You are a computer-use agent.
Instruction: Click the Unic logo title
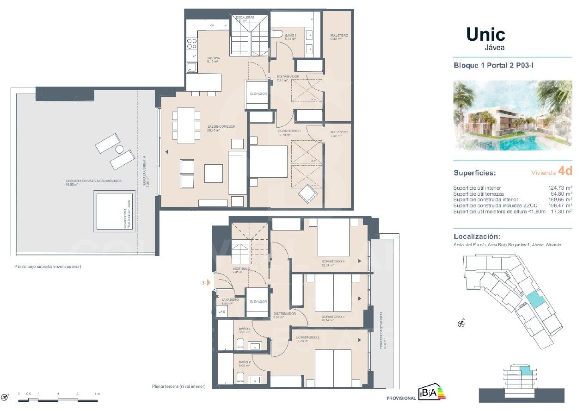point(485,35)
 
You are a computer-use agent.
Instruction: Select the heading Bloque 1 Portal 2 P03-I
point(494,66)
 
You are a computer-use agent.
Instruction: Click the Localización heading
point(476,236)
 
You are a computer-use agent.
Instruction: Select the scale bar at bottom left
point(58,399)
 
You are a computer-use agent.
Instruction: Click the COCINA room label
point(213,58)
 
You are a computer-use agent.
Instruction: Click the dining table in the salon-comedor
point(186,125)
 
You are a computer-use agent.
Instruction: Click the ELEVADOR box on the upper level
point(258,94)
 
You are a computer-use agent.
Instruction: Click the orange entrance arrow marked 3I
point(209,282)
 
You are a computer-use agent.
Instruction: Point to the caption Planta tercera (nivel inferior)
point(178,386)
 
